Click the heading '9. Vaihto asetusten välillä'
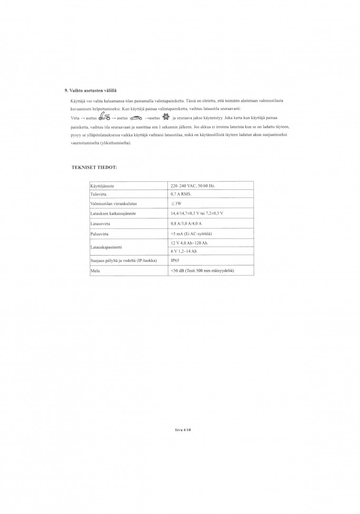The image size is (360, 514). click(90, 90)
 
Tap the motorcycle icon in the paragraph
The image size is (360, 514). click(105, 117)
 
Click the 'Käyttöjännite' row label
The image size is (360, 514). click(102, 186)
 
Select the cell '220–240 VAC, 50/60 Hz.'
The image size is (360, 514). click(193, 186)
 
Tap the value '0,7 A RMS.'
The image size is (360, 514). click(180, 194)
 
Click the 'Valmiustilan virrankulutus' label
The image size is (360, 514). click(110, 203)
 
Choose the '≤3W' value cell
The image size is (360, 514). click(176, 203)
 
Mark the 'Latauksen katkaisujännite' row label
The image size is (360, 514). click(113, 213)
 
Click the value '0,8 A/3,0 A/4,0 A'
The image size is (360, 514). click(186, 223)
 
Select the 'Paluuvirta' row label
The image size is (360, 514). click(98, 234)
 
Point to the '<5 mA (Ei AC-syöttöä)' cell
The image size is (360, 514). click(191, 234)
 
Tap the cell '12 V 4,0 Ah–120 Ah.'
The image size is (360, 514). click(189, 243)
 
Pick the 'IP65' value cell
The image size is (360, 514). click(175, 261)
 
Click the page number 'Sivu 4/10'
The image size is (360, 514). click(183, 429)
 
